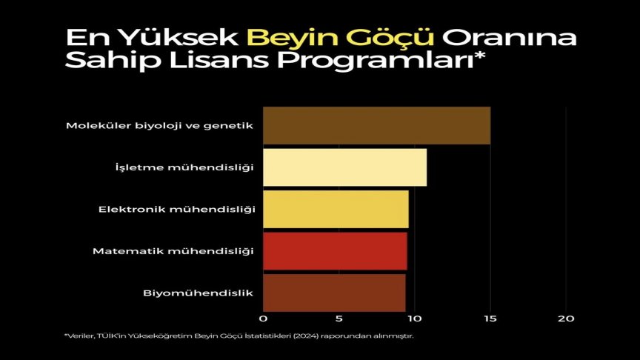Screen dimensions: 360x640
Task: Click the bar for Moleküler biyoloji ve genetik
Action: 376,125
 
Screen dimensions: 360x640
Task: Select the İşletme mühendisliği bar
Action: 344,167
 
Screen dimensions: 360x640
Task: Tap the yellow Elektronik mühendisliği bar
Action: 336,209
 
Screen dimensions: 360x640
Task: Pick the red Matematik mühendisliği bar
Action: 335,251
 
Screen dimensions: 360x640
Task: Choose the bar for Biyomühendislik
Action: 334,293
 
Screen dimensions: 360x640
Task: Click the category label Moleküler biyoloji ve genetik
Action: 160,125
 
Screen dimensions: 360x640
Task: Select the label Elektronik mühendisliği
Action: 176,209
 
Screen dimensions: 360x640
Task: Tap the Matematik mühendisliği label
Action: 173,251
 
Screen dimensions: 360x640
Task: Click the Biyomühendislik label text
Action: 198,293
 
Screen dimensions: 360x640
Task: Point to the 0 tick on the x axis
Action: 263,319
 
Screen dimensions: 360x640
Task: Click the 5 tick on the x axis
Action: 339,319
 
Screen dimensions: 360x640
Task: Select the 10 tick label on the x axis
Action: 414,319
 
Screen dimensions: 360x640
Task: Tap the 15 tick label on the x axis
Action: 490,319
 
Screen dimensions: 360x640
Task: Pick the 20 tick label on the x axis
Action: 566,319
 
